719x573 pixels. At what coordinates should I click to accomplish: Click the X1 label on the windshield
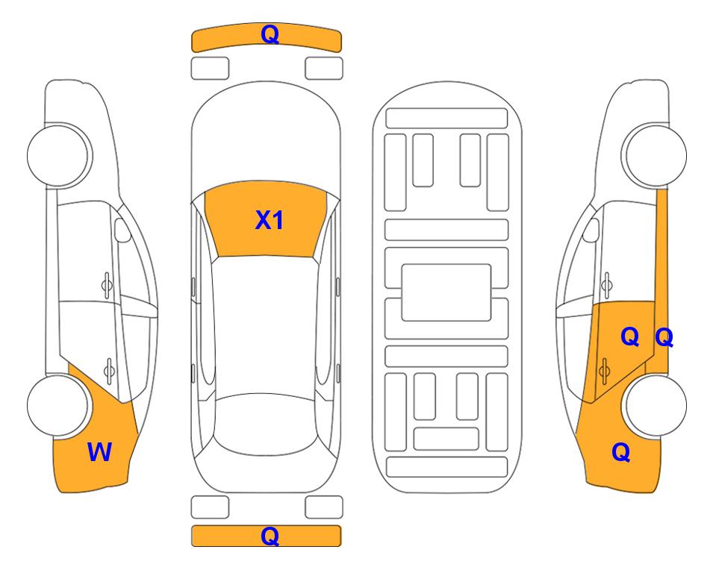pos(270,220)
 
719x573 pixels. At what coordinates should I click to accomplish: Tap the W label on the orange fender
pos(99,452)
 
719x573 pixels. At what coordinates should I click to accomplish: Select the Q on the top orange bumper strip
pos(270,34)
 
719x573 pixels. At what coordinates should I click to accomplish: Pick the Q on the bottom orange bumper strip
pos(270,536)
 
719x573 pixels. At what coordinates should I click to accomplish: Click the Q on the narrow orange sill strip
pos(664,337)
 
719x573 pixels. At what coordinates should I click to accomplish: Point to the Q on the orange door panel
pos(629,337)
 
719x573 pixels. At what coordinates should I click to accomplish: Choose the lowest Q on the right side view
pos(621,452)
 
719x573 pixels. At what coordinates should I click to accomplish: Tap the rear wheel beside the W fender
pos(57,405)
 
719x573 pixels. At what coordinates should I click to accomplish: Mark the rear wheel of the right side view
pos(656,405)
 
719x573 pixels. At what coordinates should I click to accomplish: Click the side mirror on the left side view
pos(122,230)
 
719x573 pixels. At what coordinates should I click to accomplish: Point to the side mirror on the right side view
pos(591,230)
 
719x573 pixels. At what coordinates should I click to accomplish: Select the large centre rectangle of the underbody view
pos(446,292)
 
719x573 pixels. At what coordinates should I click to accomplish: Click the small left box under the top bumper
pos(210,69)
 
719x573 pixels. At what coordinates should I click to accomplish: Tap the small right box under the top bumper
pos(324,69)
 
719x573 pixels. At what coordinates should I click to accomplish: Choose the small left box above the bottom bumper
pos(210,507)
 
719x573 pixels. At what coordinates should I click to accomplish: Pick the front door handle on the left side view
pos(107,286)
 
